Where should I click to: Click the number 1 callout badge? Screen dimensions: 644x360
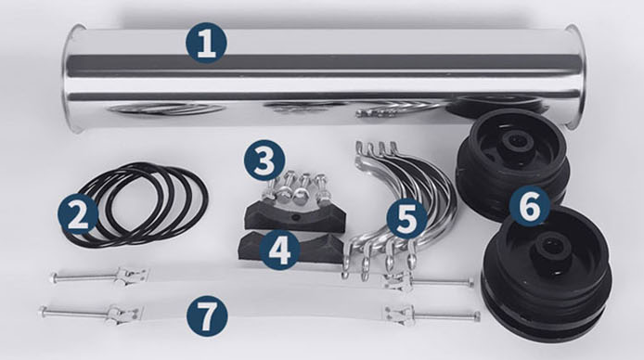[x=206, y=43]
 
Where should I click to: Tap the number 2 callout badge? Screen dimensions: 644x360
[x=78, y=215]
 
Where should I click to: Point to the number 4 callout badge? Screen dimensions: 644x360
[x=280, y=250]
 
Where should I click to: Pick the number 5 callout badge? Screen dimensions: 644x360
[x=407, y=219]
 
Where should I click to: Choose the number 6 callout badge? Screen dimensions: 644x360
[x=530, y=207]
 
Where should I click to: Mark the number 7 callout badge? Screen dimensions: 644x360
[x=207, y=315]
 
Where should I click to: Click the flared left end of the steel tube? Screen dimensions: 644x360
[x=73, y=78]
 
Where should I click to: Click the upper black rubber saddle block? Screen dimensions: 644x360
[x=295, y=216]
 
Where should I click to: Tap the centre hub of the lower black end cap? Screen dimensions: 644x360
[x=549, y=248]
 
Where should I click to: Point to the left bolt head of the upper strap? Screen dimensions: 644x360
[x=53, y=278]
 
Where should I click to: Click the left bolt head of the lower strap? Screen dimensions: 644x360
[x=42, y=311]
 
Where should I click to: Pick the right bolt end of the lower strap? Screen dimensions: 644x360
[x=476, y=316]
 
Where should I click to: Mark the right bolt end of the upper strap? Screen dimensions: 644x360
[x=470, y=282]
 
